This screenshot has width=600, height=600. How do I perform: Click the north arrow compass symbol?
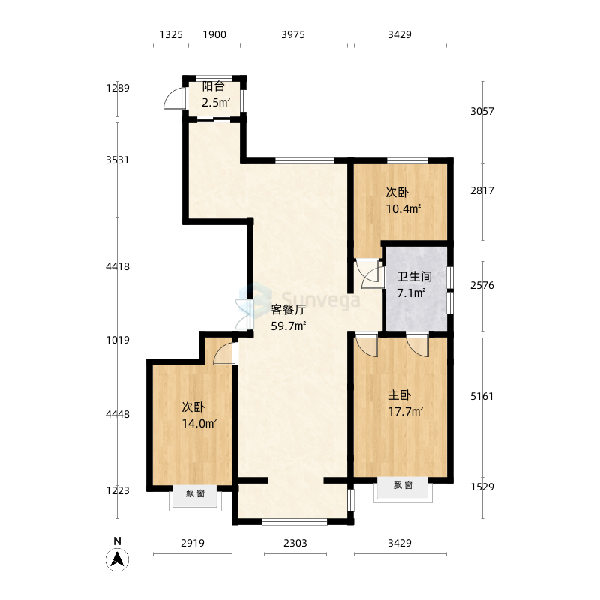(118, 560)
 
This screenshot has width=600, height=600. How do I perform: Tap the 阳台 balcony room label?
(214, 86)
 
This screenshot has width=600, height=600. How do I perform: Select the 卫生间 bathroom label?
(415, 276)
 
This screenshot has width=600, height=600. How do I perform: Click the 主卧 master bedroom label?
(400, 395)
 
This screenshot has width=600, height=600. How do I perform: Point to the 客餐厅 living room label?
(289, 309)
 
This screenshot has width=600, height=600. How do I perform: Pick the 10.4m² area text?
(403, 209)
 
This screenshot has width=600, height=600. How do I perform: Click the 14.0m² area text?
(199, 423)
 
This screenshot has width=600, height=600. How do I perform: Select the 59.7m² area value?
(289, 326)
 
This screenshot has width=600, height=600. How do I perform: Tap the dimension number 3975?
(293, 34)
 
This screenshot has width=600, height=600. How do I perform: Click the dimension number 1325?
(171, 34)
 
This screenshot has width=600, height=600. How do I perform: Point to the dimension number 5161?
(482, 396)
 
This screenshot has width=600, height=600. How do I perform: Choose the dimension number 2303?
(295, 543)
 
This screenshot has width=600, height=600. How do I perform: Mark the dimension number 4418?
(118, 266)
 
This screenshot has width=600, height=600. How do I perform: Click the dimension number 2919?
(193, 543)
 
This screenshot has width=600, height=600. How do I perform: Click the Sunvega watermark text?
(321, 299)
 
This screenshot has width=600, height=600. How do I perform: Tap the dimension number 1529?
(482, 487)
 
